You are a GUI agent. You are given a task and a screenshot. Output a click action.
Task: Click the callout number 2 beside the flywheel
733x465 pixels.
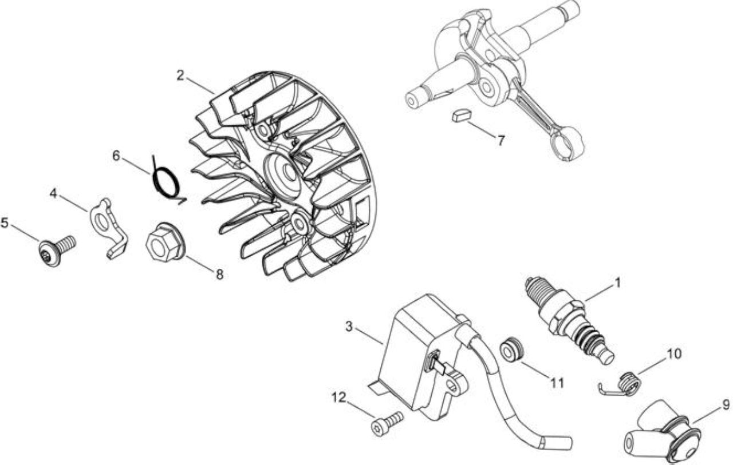(x=180, y=76)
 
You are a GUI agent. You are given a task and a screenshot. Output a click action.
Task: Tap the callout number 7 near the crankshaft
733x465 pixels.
(x=501, y=140)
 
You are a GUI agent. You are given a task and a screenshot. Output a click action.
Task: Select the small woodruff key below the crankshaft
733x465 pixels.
(x=462, y=116)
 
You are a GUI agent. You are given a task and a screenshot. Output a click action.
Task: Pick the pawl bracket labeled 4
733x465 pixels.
(x=108, y=228)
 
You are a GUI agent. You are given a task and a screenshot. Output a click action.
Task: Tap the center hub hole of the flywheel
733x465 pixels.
(x=289, y=172)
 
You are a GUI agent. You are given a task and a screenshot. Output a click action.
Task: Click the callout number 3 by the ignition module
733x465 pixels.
(x=349, y=327)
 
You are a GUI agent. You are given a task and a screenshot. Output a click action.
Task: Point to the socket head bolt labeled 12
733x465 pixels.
(x=387, y=423)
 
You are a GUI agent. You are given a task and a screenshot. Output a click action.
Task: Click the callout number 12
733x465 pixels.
(x=338, y=398)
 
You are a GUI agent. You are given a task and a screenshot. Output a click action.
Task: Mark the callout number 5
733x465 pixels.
(x=4, y=223)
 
